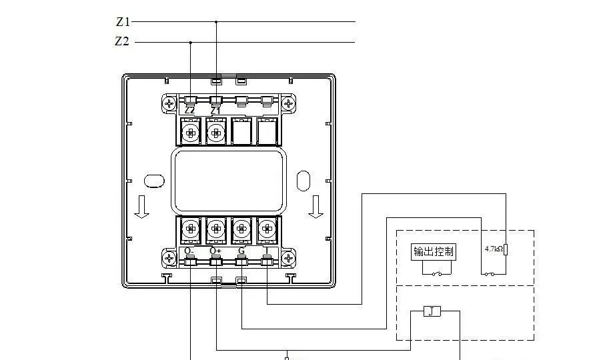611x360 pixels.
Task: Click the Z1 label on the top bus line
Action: click(x=122, y=22)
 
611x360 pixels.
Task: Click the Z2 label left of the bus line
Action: click(x=121, y=42)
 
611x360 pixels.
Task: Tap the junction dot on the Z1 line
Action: click(x=215, y=22)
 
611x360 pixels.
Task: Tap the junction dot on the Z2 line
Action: click(x=191, y=43)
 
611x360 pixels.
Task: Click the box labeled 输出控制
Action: click(x=434, y=251)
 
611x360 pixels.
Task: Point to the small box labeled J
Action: click(x=432, y=311)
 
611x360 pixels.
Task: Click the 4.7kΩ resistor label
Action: click(x=494, y=249)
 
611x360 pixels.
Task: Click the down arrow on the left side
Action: click(x=141, y=207)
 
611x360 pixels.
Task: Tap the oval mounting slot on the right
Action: click(x=303, y=180)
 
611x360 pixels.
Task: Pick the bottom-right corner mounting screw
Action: click(x=288, y=257)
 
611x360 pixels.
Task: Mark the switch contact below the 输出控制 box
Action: click(x=438, y=273)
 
